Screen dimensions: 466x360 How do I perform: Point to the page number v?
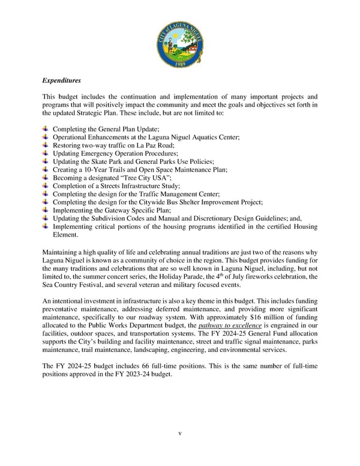point(180,433)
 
